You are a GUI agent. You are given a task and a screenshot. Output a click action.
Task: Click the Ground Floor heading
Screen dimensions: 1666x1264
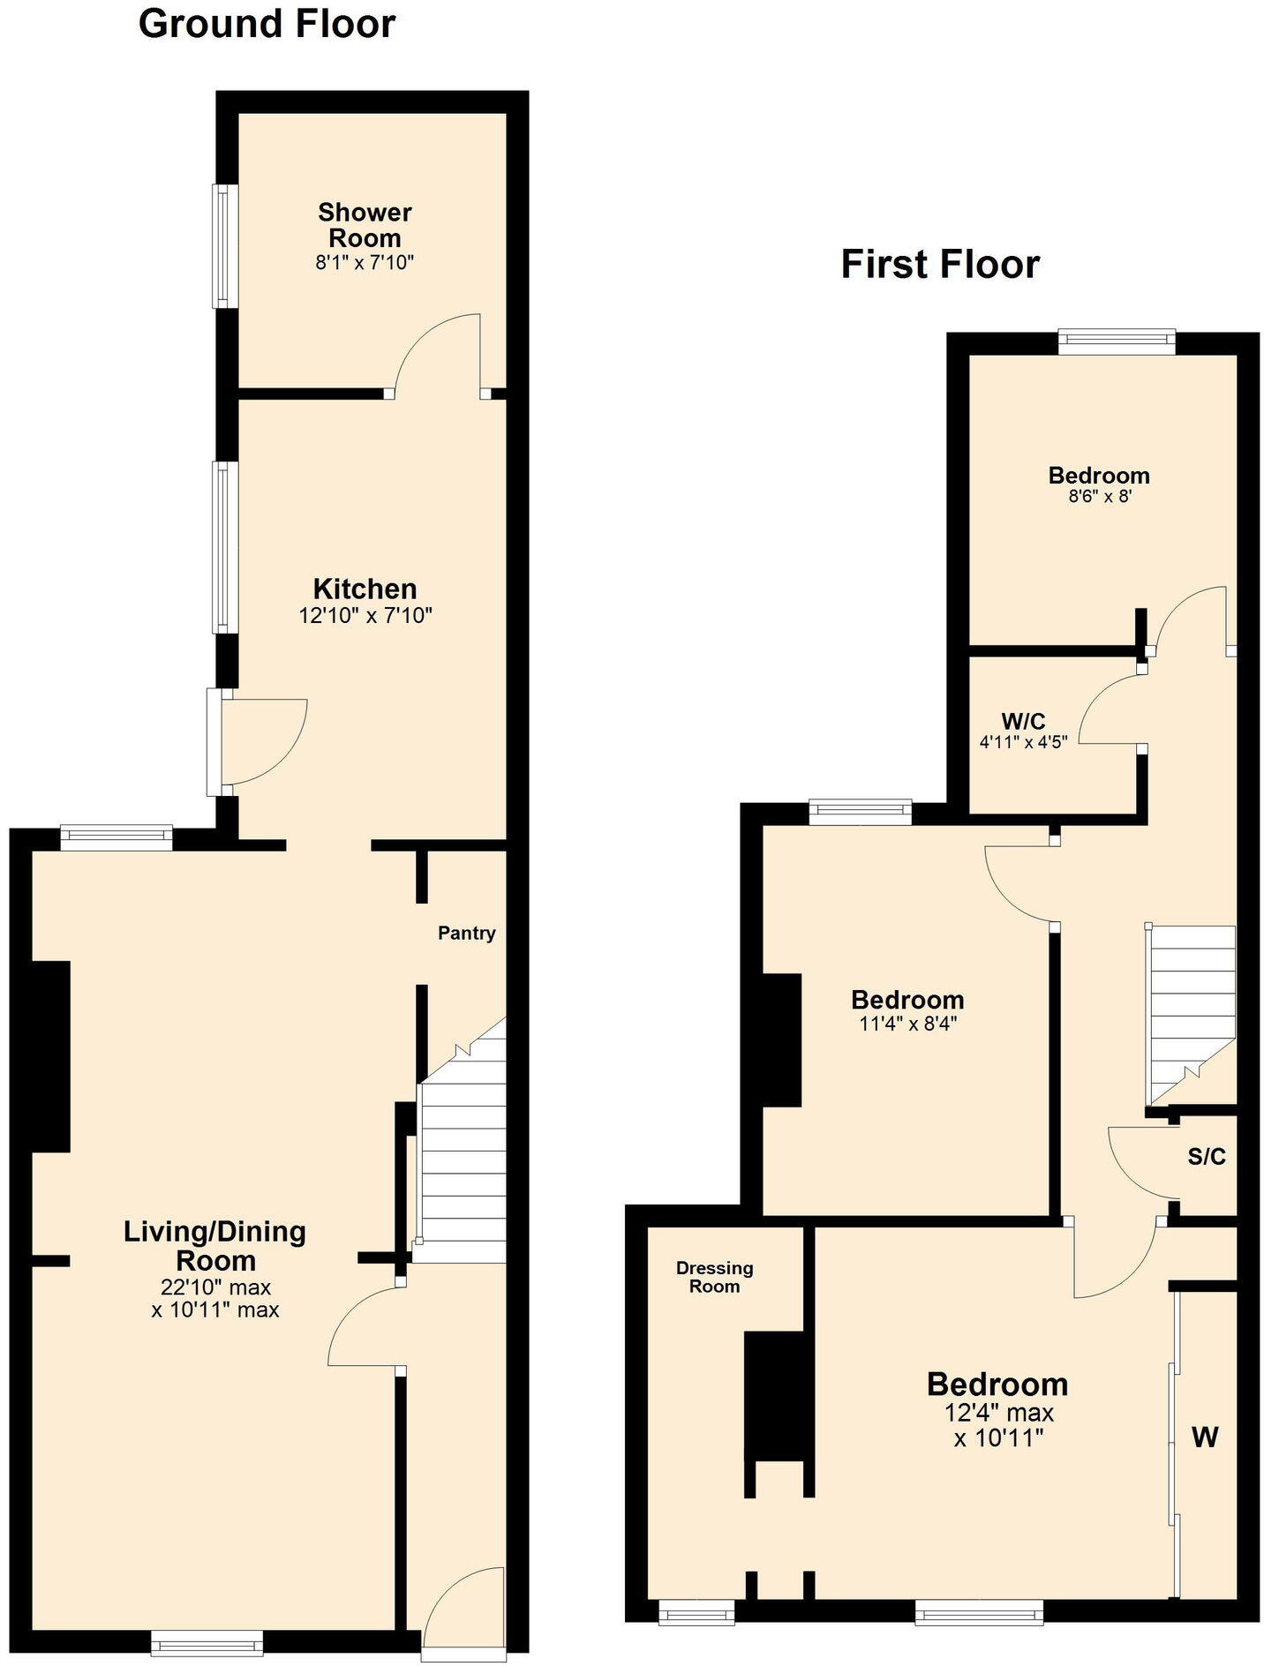pos(267,24)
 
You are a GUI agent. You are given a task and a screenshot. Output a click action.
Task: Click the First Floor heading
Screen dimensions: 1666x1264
pos(940,264)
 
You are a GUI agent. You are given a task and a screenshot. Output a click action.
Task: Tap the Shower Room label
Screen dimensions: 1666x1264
pos(365,225)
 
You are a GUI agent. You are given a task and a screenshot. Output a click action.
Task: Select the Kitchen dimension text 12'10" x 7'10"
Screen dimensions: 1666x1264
pos(365,615)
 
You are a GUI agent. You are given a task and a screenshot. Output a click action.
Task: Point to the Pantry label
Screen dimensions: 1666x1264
pos(466,933)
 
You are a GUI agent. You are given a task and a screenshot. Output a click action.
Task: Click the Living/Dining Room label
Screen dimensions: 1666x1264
pos(214,1245)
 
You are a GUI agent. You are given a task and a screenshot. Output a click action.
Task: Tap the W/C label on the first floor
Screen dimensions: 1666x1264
pos(1023,721)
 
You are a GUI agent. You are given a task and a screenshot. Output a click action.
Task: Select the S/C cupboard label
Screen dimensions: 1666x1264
pos(1206,1156)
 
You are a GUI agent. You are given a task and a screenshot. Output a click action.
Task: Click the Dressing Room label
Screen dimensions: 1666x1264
pos(714,1277)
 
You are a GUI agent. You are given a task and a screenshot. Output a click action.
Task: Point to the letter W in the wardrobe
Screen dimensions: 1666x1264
pos(1205,1437)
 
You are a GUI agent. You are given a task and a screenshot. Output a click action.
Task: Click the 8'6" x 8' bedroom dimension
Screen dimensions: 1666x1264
pos(1100,496)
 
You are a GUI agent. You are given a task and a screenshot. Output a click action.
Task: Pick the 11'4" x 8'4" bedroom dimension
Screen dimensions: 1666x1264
pos(907,1024)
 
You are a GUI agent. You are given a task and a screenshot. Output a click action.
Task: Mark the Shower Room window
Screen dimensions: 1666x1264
pos(225,245)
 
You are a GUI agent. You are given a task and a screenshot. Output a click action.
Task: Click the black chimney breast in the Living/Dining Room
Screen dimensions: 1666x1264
pos(51,1055)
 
